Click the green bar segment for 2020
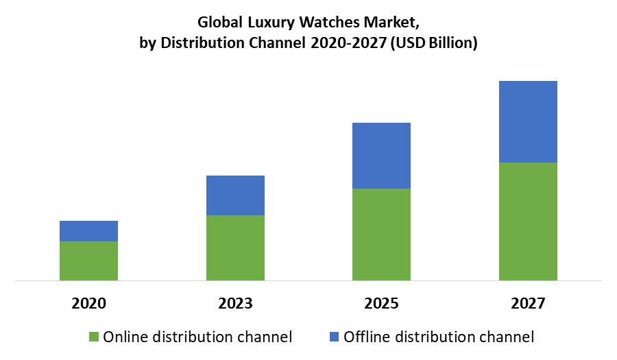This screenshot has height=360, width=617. pyautogui.click(x=88, y=261)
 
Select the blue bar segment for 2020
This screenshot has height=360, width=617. pyautogui.click(x=88, y=231)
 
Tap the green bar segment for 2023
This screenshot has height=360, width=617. pyautogui.click(x=235, y=248)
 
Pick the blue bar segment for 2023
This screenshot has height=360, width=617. pyautogui.click(x=235, y=195)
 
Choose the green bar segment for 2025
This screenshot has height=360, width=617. pyautogui.click(x=381, y=235)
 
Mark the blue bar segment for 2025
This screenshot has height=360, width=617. pyautogui.click(x=381, y=156)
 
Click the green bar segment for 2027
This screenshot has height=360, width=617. pyautogui.click(x=528, y=221)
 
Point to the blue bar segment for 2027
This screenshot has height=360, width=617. pyautogui.click(x=528, y=122)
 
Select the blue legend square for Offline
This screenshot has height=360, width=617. pyautogui.click(x=334, y=337)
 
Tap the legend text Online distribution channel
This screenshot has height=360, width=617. pyautogui.click(x=197, y=337)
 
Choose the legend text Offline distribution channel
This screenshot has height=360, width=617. pyautogui.click(x=439, y=337)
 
